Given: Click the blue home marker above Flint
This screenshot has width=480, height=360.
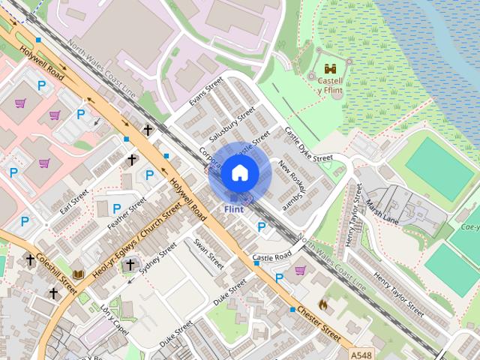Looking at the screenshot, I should pos(239,172).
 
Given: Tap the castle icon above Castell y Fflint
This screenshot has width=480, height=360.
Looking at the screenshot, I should pos(330,68).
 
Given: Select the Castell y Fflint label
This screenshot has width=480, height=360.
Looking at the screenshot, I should pos(330,85).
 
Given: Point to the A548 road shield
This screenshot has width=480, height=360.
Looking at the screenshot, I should pos(360,351).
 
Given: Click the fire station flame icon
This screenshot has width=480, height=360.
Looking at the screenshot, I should pos(322,305).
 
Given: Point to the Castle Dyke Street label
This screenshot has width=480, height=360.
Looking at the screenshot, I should pos(307,144).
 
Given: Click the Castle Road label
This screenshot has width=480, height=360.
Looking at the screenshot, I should pos(271,257).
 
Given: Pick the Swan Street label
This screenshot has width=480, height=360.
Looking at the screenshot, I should pos(208,254).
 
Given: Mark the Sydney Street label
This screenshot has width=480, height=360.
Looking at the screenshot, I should pos(158,259).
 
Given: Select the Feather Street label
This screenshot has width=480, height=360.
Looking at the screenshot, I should pos(126,214).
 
